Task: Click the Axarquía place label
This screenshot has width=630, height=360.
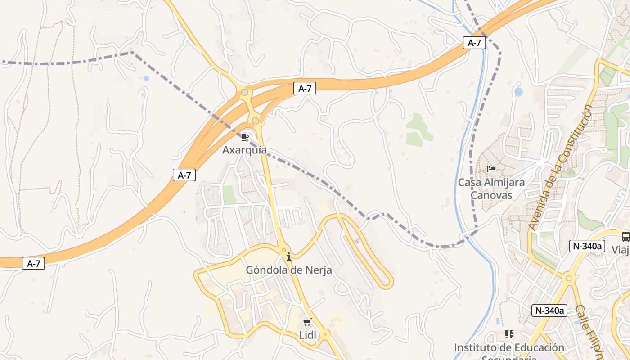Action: tap(244, 150)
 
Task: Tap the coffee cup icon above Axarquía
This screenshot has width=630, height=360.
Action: tap(245, 137)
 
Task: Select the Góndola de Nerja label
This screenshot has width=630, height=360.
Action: tap(288, 270)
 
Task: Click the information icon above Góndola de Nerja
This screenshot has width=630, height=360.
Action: tap(289, 256)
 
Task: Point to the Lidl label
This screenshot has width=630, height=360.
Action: tap(308, 335)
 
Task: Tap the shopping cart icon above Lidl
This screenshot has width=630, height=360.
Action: tap(307, 322)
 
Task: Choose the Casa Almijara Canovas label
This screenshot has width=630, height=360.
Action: tap(491, 189)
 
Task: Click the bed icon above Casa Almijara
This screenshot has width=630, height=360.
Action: tap(491, 169)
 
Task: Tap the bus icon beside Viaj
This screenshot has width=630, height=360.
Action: tap(625, 237)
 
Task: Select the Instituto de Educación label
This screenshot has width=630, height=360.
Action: tap(509, 348)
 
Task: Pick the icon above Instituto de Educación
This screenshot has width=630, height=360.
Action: tap(509, 334)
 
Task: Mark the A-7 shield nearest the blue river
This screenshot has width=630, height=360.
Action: tap(474, 43)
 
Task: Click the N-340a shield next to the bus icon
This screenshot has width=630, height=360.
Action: tap(587, 246)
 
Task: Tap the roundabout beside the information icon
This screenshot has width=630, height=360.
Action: tap(283, 250)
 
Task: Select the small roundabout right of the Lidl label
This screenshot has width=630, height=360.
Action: tap(326, 334)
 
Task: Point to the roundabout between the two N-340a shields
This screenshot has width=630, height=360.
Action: tap(569, 279)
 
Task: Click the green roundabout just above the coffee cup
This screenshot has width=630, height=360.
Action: tap(256, 121)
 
